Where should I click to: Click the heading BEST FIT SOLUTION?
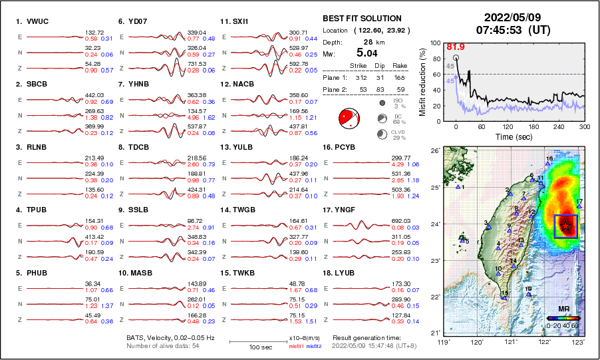[x=362, y=19]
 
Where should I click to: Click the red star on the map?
[x=565, y=226]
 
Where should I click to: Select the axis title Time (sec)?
[x=513, y=136]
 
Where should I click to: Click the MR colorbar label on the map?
[x=563, y=309]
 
